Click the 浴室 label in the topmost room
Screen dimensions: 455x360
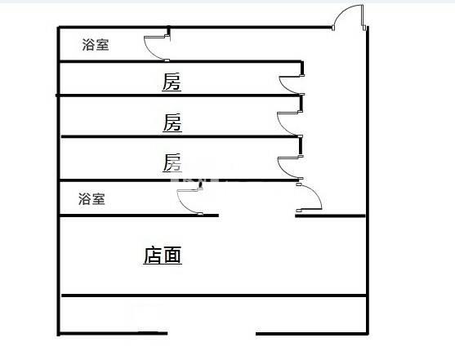pyautogui.click(x=96, y=45)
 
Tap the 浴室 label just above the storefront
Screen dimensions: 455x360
pyautogui.click(x=91, y=199)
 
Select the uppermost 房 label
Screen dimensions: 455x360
pyautogui.click(x=172, y=82)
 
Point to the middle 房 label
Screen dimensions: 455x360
pyautogui.click(x=172, y=122)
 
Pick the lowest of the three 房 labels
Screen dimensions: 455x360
pyautogui.click(x=172, y=162)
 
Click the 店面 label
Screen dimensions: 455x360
pyautogui.click(x=163, y=256)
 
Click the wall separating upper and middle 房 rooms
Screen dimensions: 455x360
pyautogui.click(x=178, y=96)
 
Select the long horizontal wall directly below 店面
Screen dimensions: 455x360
pyautogui.click(x=214, y=296)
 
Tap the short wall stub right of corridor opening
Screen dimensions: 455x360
pyautogui.click(x=330, y=216)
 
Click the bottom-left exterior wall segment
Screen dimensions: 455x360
pyautogui.click(x=114, y=334)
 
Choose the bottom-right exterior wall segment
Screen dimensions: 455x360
pyautogui.click(x=312, y=334)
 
